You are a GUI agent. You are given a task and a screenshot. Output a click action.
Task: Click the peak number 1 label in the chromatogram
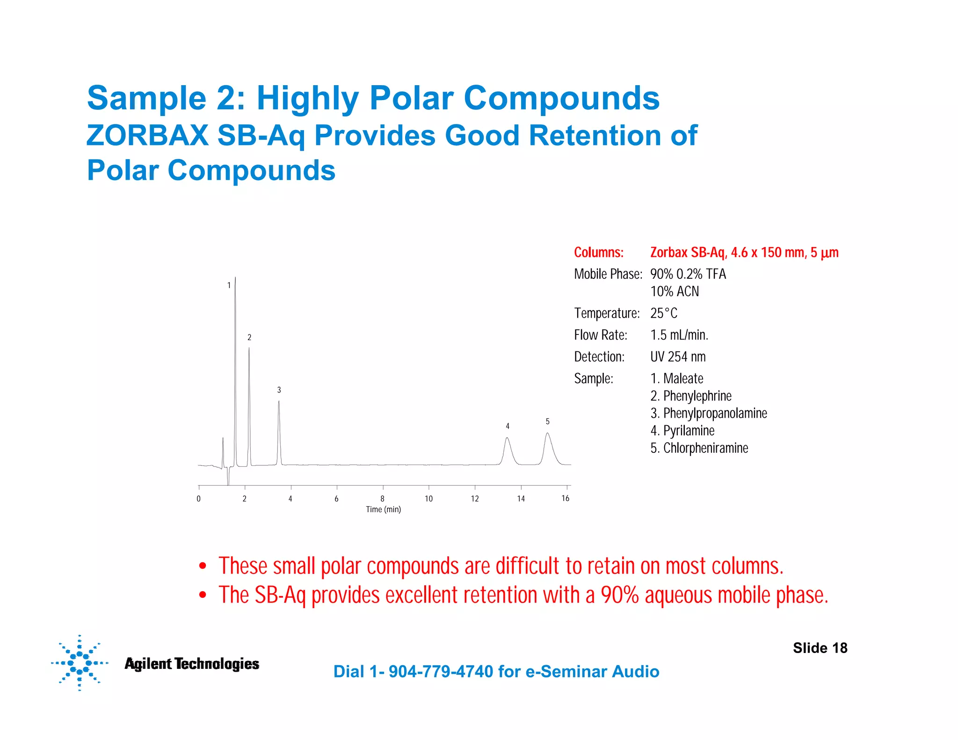pos(229,285)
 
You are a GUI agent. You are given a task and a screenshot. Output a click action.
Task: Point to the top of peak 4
pos(507,438)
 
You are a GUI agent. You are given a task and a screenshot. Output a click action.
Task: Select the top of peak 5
pos(547,433)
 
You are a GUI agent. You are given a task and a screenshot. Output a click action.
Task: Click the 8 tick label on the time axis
pos(382,499)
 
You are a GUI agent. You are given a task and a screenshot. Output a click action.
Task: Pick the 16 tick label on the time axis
pos(565,499)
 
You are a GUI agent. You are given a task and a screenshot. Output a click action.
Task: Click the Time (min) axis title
pos(383,509)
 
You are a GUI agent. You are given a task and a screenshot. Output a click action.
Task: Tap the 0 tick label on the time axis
pos(199,499)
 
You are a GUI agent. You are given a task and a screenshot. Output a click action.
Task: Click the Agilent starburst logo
pos(80,663)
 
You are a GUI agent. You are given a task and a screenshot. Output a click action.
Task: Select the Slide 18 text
pos(820,648)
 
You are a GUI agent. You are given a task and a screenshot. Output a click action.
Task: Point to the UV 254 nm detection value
pos(678,357)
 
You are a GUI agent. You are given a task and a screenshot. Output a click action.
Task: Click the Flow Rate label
pos(601,335)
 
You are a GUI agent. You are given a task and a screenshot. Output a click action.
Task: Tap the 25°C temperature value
pos(663,313)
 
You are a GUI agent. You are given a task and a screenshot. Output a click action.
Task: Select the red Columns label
pos(599,253)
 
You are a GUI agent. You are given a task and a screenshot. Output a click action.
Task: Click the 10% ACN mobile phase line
pos(675,291)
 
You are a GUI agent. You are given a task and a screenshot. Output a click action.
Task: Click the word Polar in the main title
pos(412,98)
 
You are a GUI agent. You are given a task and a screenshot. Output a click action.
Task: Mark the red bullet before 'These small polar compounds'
pos(203,566)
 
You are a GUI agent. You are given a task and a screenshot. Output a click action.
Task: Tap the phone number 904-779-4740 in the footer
pos(441,672)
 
